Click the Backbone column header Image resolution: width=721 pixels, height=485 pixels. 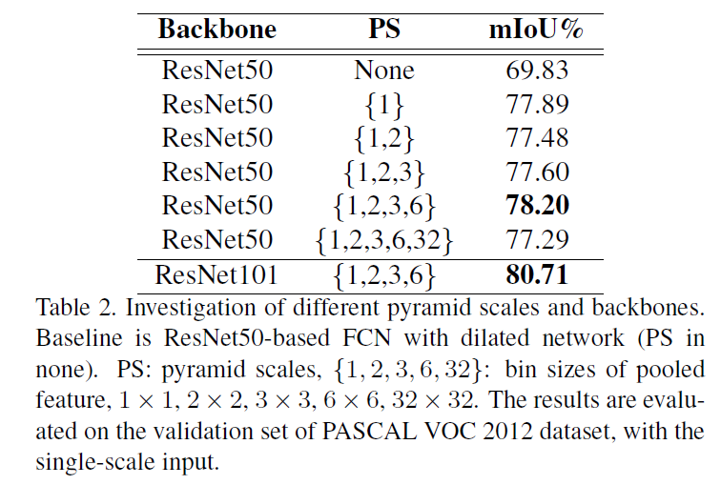216,29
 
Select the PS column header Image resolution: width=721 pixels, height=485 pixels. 384,29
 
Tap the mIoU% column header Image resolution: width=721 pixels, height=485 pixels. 535,29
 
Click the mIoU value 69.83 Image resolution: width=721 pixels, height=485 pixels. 535,71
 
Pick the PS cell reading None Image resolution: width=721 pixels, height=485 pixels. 384,71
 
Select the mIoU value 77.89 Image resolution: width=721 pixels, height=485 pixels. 535,105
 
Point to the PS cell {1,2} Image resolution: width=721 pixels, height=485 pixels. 384,139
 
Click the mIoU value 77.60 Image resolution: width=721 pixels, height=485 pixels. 535,172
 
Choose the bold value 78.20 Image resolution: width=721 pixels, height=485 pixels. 535,206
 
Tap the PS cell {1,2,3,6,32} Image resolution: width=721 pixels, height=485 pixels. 384,240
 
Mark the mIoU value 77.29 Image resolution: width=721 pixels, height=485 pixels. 535,240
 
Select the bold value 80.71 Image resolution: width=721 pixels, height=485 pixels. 535,275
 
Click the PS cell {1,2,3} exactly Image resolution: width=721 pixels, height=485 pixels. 384,172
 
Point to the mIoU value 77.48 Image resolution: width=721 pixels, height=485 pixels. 535,139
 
